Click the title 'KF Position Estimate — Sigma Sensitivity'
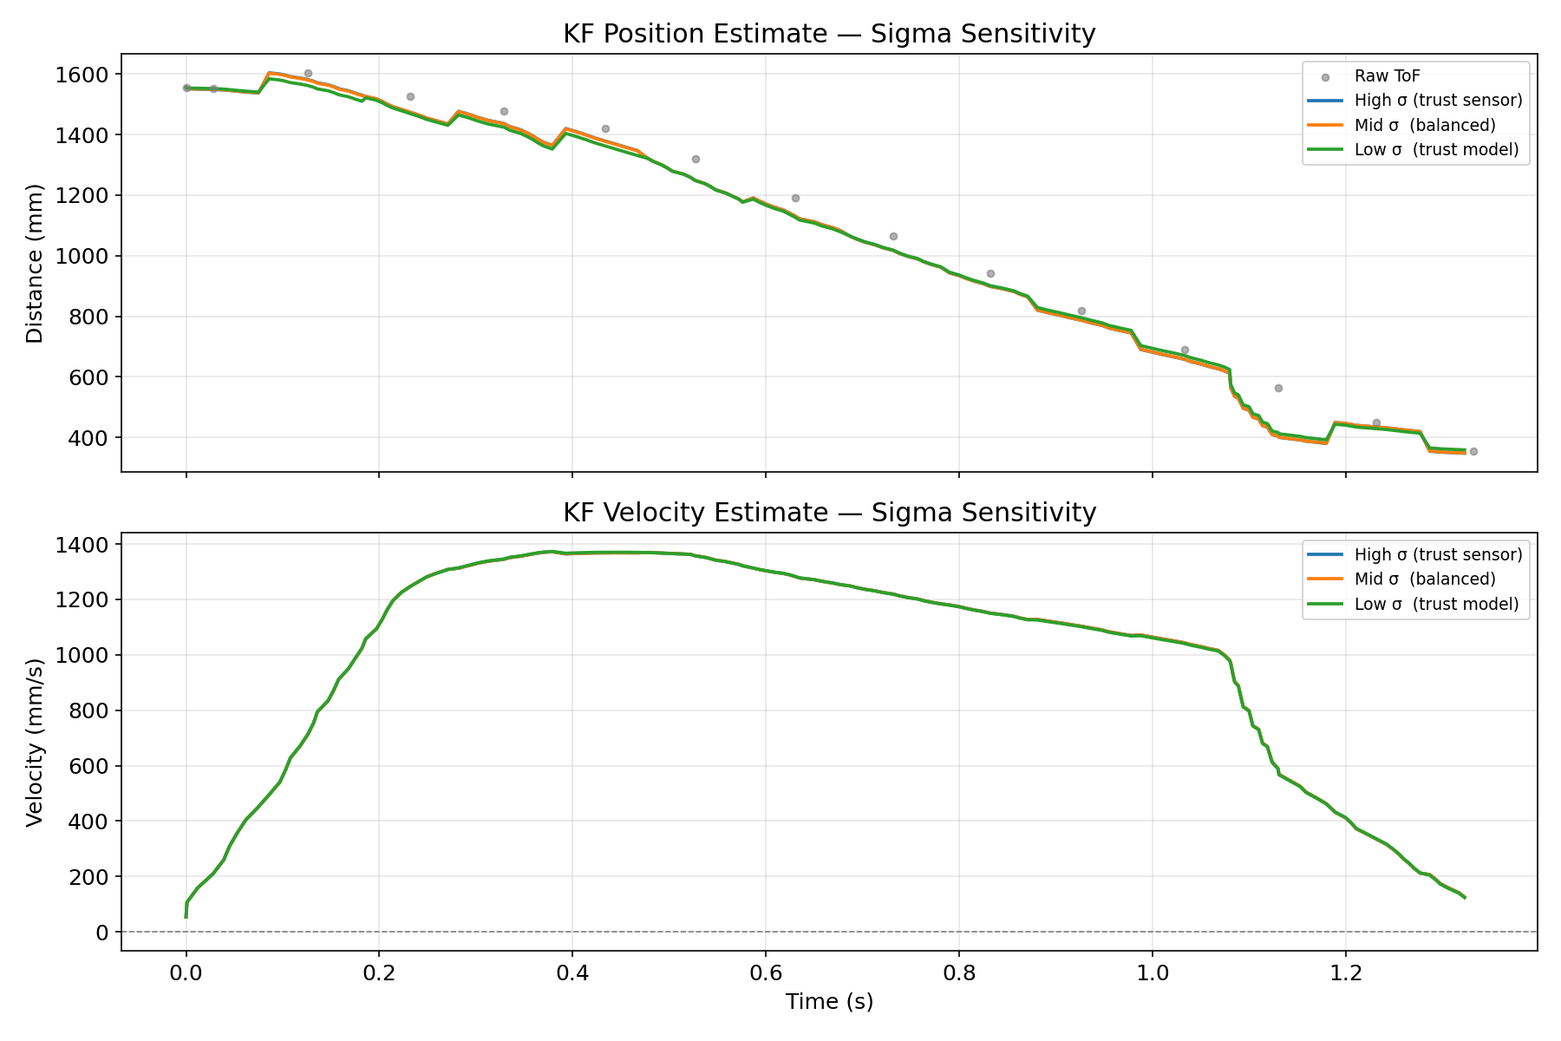829,34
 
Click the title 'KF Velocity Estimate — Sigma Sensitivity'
829,513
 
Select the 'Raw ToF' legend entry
1387,76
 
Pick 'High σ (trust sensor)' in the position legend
1438,101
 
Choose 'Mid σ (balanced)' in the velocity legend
1424,579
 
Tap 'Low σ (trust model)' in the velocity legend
1436,604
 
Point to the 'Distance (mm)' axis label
35,263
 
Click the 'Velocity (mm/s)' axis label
35,743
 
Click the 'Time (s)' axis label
829,1002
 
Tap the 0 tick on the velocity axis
102,933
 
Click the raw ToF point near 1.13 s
1278,388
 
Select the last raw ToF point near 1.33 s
1473,451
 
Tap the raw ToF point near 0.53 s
696,159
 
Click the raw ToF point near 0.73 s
893,236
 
